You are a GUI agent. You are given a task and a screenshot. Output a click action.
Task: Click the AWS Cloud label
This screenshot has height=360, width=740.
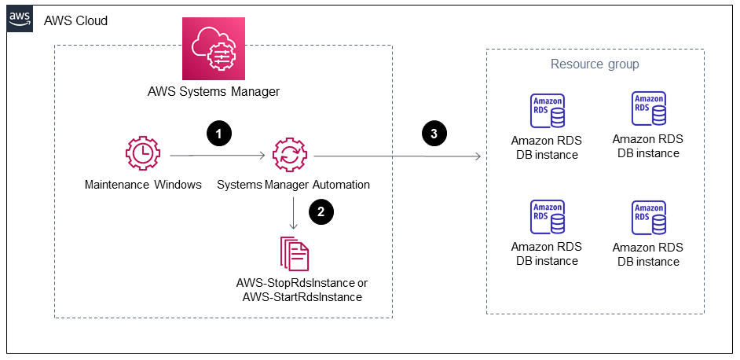[76, 20]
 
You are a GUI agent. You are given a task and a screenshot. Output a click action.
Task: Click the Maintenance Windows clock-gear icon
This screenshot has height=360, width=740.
[143, 154]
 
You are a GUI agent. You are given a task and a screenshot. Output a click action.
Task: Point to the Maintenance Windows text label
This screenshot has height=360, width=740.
[143, 186]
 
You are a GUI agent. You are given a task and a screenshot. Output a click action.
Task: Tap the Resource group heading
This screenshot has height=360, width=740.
[595, 64]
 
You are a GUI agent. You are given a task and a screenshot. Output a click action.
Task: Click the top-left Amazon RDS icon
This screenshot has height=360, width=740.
[548, 112]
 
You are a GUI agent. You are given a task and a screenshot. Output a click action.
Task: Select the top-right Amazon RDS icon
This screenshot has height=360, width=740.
[649, 109]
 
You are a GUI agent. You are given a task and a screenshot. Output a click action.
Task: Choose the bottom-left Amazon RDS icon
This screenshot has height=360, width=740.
[548, 218]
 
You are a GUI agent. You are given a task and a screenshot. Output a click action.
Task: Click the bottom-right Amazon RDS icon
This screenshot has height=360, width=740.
[649, 219]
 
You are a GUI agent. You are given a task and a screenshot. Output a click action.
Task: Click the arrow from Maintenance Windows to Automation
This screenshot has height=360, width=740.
[217, 156]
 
